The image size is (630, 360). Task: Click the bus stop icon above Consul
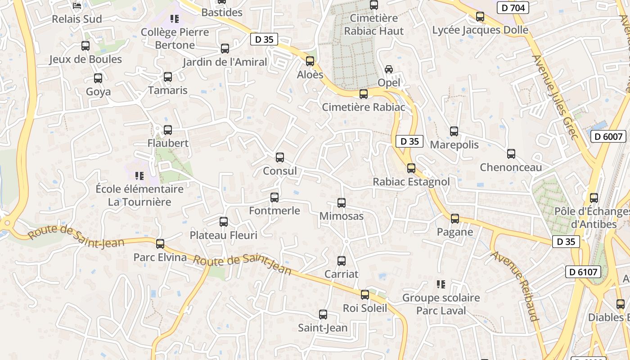(280, 157)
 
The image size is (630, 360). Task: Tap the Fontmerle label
(274, 211)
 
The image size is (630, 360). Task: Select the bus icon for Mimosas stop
(342, 203)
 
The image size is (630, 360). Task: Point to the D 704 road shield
(513, 8)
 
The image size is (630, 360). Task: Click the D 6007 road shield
(608, 136)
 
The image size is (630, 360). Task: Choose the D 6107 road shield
(583, 272)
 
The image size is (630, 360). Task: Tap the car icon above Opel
(389, 69)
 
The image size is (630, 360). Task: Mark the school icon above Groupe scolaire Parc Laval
(441, 284)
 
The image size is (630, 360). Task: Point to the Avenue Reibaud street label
(516, 286)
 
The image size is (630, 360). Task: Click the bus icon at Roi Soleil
(365, 295)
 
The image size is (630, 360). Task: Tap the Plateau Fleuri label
(224, 235)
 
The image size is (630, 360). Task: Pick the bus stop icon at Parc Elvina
(160, 244)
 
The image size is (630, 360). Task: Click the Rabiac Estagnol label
(411, 182)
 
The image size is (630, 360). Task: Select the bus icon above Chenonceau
(511, 154)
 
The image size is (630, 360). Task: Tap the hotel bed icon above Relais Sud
(77, 6)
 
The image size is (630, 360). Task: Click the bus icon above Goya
(98, 78)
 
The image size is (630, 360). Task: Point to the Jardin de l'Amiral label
(225, 62)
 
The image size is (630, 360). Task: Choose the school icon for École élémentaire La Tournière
(139, 175)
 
